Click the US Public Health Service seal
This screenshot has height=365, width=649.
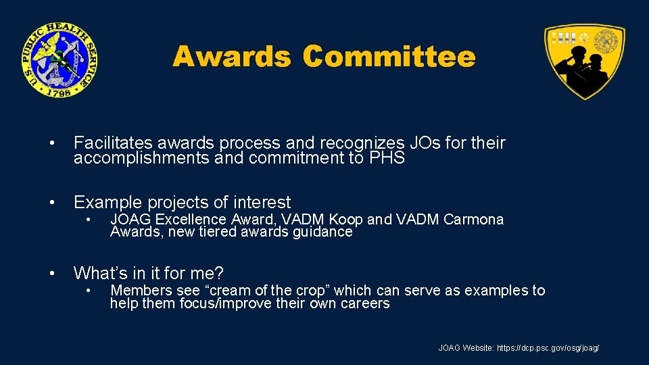[59, 59]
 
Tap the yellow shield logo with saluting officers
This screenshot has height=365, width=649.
[585, 61]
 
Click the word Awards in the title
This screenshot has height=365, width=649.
[231, 57]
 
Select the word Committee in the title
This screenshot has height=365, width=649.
[389, 57]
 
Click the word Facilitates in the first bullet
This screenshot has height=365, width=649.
[113, 143]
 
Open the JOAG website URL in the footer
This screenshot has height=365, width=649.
[548, 348]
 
